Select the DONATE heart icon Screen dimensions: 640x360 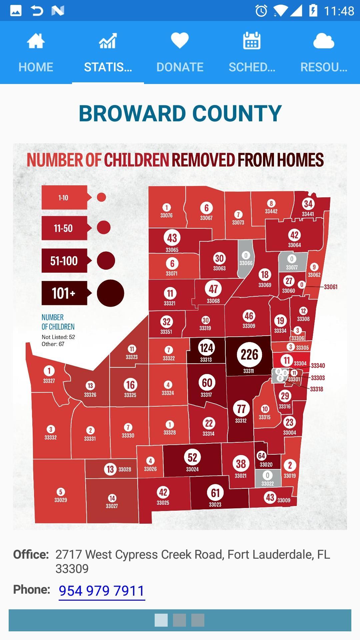click(180, 41)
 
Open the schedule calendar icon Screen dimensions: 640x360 click(252, 41)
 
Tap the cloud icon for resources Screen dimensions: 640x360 click(323, 41)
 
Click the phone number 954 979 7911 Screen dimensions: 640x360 click(102, 591)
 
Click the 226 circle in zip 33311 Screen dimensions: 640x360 click(249, 355)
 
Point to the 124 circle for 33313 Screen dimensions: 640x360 click(206, 348)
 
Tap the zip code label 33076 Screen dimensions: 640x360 click(166, 216)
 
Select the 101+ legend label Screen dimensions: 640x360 click(64, 293)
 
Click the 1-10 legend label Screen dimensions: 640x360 click(64, 198)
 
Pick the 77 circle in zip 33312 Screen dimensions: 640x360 click(241, 409)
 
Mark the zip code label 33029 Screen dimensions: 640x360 click(61, 500)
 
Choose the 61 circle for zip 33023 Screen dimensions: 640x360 click(215, 493)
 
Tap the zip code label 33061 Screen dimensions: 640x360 click(330, 287)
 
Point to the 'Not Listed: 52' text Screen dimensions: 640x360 click(58, 337)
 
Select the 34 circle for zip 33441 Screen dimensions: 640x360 click(308, 204)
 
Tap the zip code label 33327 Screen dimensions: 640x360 click(49, 381)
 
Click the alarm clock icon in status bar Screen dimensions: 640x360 click(261, 11)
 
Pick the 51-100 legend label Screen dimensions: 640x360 click(64, 261)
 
